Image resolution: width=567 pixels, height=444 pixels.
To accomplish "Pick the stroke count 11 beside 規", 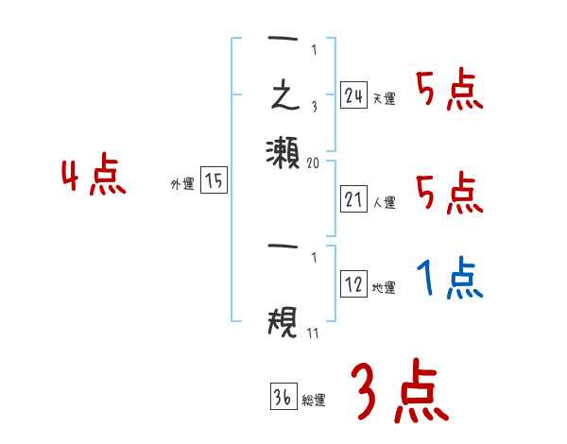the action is (313, 333).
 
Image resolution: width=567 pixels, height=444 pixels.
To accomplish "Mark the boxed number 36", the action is (283, 398).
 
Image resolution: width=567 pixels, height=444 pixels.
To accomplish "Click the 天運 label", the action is (384, 98).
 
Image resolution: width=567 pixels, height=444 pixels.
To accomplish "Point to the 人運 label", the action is (384, 202).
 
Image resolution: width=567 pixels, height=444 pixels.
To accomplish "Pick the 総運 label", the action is (314, 401).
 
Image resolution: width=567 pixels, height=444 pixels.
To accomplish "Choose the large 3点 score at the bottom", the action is (399, 391).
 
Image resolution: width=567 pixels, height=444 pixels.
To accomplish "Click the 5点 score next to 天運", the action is (450, 91).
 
